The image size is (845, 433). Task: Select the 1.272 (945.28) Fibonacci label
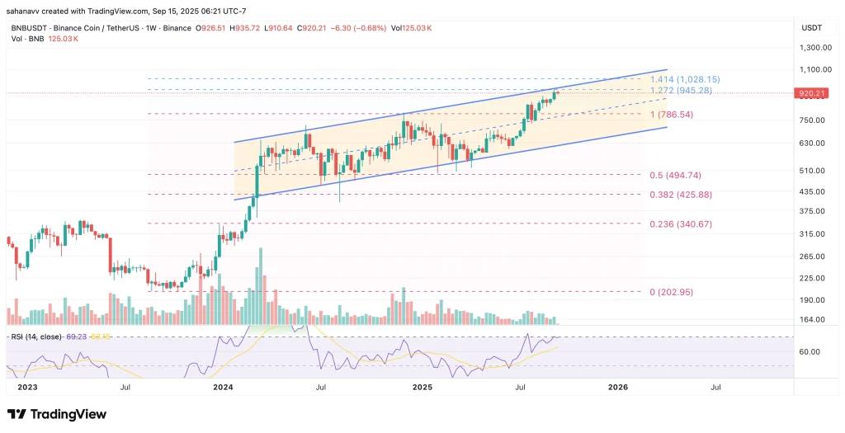tap(681, 90)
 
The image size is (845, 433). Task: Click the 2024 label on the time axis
tap(222, 386)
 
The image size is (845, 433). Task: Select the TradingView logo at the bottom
tap(58, 414)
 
